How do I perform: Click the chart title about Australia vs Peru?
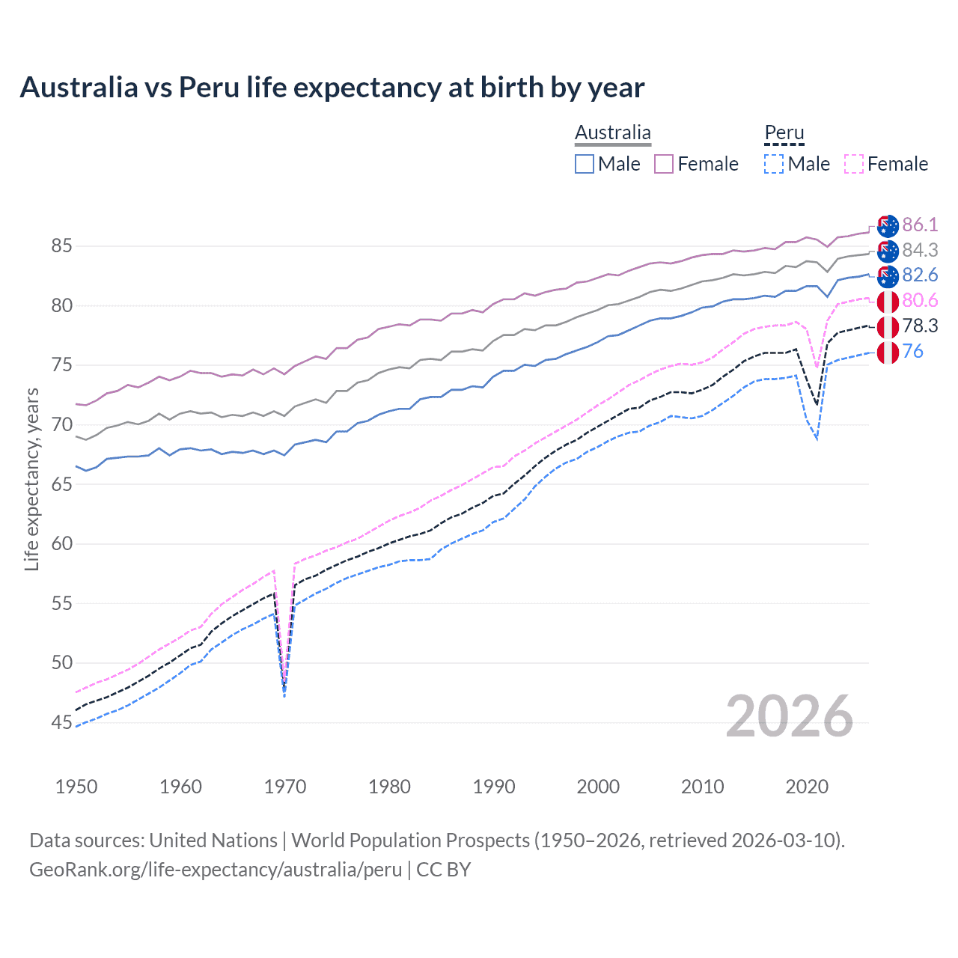coord(332,88)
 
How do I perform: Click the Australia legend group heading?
coord(613,133)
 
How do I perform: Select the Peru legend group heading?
coord(784,133)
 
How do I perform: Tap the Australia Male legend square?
coord(585,164)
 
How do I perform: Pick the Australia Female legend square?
coord(664,164)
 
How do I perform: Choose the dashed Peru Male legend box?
coord(774,164)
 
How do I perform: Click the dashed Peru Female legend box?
coord(853,164)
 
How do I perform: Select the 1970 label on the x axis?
coord(285,787)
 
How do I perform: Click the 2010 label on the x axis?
coord(702,787)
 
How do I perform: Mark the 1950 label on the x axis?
coord(77,787)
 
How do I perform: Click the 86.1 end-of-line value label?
coord(920,225)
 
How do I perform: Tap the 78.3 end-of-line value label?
coord(920,326)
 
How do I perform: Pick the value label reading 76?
coord(913,352)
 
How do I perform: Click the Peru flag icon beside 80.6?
coord(888,302)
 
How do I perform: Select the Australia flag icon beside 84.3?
coord(888,251)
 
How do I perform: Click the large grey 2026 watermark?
coord(789,717)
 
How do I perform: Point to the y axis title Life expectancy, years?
coord(32,479)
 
